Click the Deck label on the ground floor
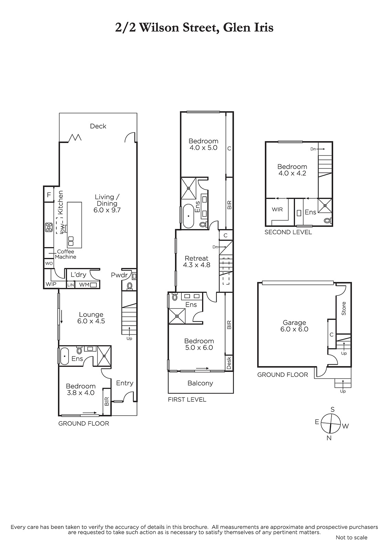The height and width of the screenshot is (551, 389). click(98, 126)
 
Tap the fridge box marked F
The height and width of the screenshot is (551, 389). click(49, 195)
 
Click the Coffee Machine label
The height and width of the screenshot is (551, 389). click(65, 254)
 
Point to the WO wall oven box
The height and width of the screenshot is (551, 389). click(49, 263)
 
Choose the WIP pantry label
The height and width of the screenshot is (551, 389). click(51, 284)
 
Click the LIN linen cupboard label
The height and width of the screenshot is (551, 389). click(71, 285)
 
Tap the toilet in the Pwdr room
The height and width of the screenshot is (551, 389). click(129, 285)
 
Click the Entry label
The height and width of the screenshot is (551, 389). click(125, 383)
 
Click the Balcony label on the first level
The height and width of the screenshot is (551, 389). click(200, 383)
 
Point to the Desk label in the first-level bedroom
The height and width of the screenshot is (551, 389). click(229, 363)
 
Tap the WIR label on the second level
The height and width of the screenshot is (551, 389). click(277, 210)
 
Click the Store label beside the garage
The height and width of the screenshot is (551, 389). click(344, 309)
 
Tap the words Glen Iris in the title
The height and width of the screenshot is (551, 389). click(248, 27)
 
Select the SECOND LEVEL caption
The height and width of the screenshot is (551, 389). click(288, 232)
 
